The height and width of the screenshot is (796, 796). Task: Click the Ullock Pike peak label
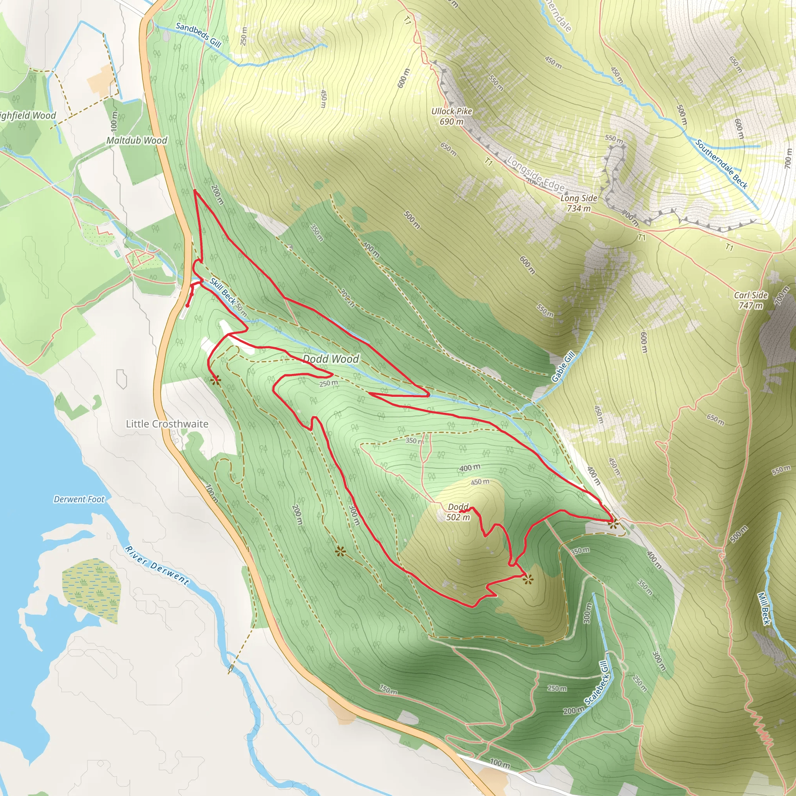pyautogui.click(x=452, y=116)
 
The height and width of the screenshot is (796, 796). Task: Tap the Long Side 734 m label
pyautogui.click(x=578, y=203)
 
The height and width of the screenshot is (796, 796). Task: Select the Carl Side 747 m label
pyautogui.click(x=751, y=300)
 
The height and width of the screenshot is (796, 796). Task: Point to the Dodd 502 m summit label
pyautogui.click(x=458, y=512)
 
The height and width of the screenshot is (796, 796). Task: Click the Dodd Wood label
pyautogui.click(x=331, y=359)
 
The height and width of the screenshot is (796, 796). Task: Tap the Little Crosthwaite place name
pyautogui.click(x=167, y=424)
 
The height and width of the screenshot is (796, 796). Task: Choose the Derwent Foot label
pyautogui.click(x=79, y=499)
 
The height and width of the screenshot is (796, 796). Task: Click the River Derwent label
pyautogui.click(x=157, y=566)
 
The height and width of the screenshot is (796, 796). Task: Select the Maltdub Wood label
pyautogui.click(x=137, y=140)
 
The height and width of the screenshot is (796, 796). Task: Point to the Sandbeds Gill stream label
pyautogui.click(x=198, y=35)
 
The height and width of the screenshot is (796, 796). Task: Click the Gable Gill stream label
pyautogui.click(x=563, y=367)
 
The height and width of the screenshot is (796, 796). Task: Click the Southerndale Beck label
pyautogui.click(x=721, y=164)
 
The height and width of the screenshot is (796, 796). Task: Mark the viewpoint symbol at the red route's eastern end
pyautogui.click(x=613, y=524)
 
